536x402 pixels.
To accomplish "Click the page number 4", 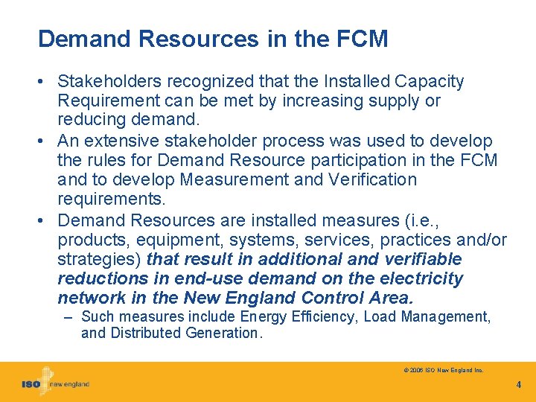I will click(x=518, y=385).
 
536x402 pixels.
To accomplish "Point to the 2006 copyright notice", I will click(x=444, y=369).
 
